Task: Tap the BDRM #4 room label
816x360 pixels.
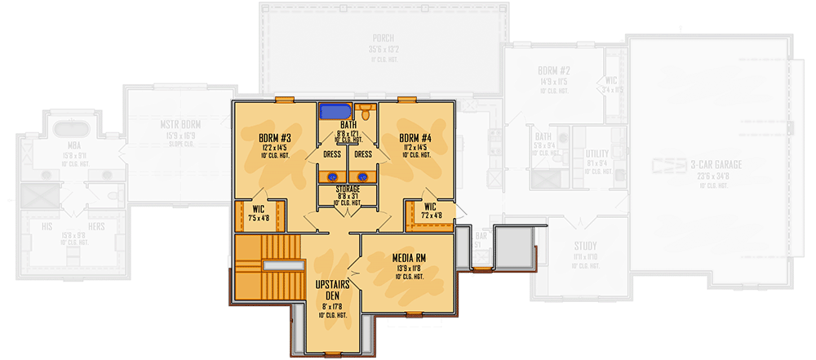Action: [417, 138]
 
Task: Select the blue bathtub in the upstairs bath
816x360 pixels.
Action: [335, 112]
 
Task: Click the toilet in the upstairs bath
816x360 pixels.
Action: [366, 112]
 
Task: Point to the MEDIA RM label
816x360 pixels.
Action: [408, 258]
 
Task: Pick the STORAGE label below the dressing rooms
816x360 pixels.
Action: [348, 189]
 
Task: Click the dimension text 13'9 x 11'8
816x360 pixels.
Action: [408, 269]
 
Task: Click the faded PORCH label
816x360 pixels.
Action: [383, 38]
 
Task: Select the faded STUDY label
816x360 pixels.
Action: [584, 246]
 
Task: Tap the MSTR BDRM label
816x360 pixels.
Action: [180, 125]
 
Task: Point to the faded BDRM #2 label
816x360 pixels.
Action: [552, 72]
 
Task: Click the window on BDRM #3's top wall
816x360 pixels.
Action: [284, 100]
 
